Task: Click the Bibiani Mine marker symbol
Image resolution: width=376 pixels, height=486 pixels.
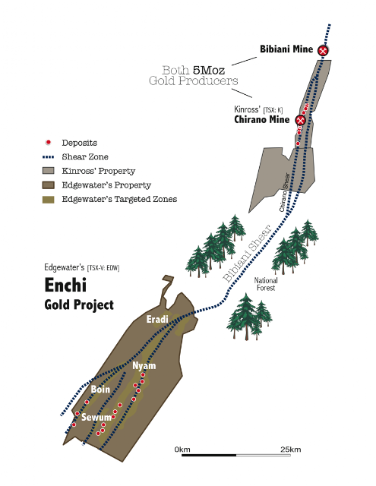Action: tap(323, 50)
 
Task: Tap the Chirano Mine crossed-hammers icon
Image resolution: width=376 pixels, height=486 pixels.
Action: tap(300, 120)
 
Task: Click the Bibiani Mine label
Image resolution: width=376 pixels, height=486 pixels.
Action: tap(286, 49)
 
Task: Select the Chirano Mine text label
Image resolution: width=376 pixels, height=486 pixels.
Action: tap(262, 119)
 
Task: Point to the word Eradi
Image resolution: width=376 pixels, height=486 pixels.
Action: tap(157, 319)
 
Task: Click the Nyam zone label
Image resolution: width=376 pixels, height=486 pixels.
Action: tap(144, 366)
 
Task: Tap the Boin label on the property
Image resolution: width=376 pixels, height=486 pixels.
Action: tap(100, 389)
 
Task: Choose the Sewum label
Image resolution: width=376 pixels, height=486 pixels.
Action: tap(96, 417)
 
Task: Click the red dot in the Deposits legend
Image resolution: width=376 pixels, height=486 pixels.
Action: tap(48, 143)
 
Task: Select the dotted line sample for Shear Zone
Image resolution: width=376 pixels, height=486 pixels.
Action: tap(48, 157)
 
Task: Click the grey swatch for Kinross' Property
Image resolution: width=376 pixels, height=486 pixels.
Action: tap(48, 171)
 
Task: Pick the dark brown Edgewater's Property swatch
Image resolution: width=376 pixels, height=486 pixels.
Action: tap(48, 185)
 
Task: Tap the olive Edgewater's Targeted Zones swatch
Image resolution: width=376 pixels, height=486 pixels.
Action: tap(48, 199)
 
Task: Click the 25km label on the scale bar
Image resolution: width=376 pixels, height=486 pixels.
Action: tap(290, 450)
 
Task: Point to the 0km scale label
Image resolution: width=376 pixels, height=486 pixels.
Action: tap(182, 450)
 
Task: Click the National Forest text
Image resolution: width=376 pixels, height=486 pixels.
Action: tap(266, 284)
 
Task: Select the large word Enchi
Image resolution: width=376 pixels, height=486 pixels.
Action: tap(65, 285)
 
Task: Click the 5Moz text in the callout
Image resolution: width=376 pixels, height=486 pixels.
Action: tap(209, 71)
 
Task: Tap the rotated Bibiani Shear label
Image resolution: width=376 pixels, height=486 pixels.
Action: tap(248, 254)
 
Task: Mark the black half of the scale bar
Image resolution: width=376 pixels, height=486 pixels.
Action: tap(209, 455)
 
